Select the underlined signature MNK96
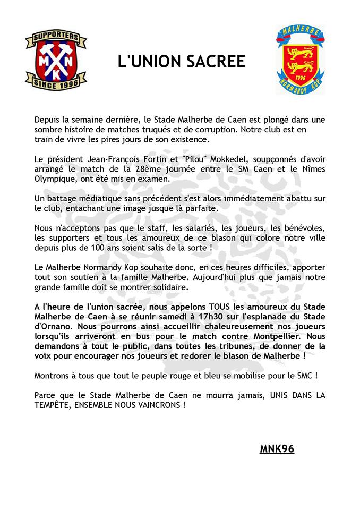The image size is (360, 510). point(277,449)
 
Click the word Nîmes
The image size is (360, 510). point(313,169)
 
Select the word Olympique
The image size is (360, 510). point(54,179)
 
